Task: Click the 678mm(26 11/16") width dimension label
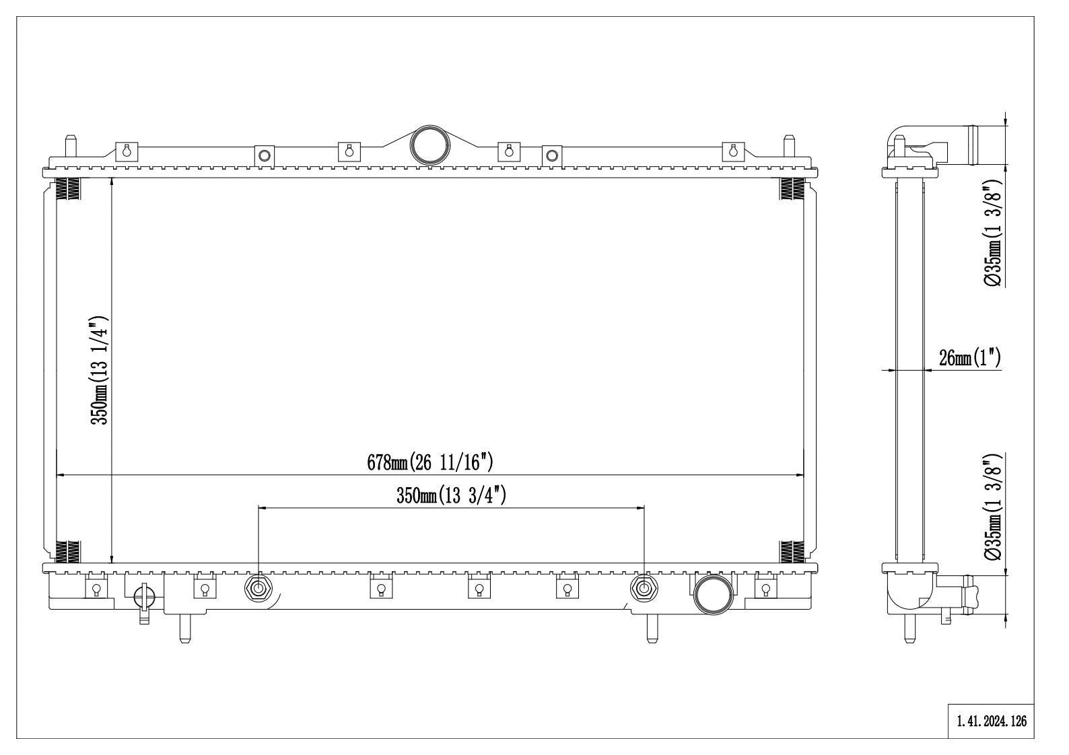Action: pyautogui.click(x=431, y=462)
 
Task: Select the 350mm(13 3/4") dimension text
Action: pyautogui.click(x=451, y=496)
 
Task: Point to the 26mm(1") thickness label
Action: pyautogui.click(x=970, y=358)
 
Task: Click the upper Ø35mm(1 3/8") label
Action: pyautogui.click(x=994, y=233)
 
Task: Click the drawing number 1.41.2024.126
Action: pyautogui.click(x=992, y=721)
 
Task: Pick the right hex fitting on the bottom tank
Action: pyautogui.click(x=644, y=589)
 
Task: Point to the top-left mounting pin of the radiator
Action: pyautogui.click(x=69, y=146)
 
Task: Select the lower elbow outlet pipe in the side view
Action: pyautogui.click(x=936, y=592)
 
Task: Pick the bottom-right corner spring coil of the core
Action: pyautogui.click(x=792, y=552)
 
